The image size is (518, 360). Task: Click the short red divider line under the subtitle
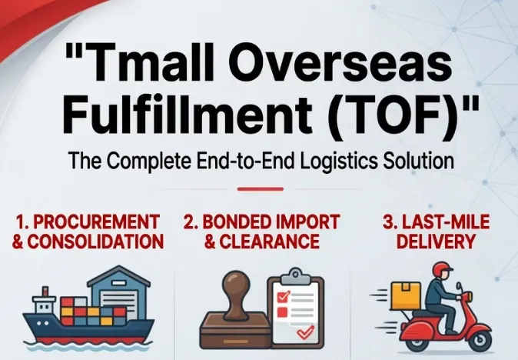point(261,189)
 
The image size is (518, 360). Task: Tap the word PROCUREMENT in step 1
point(97,222)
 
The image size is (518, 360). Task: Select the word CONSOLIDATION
point(95,242)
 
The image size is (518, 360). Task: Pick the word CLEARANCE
point(269,242)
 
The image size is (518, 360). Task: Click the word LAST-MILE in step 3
point(446,222)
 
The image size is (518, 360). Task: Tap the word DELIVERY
point(436,242)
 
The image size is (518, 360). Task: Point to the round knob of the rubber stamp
point(235,284)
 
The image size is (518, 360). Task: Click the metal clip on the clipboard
point(296,277)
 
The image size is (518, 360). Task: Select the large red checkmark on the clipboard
point(306,332)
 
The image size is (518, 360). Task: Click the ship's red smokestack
point(45,292)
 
